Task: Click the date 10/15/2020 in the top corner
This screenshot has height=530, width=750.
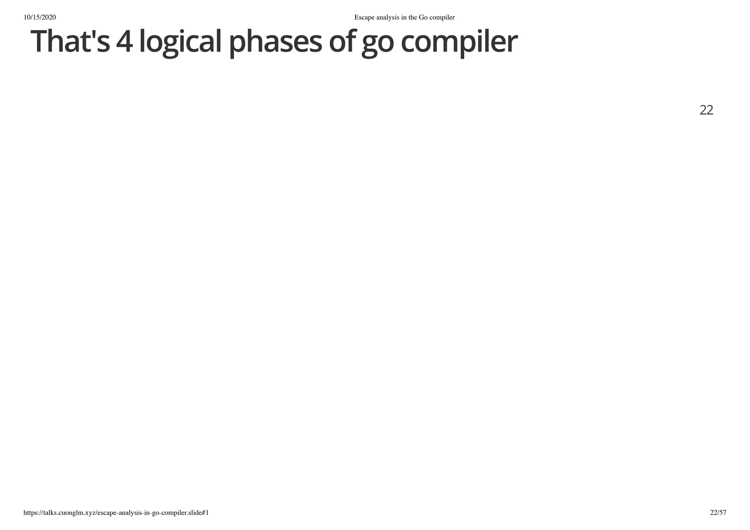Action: click(x=40, y=17)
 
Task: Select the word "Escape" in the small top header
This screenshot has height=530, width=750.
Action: click(x=364, y=17)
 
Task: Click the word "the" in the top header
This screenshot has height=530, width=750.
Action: click(x=414, y=17)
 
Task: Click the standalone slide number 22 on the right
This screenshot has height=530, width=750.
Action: click(x=706, y=110)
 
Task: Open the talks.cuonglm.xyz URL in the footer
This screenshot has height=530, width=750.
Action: click(x=116, y=512)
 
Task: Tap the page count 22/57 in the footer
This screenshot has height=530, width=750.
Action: click(x=718, y=512)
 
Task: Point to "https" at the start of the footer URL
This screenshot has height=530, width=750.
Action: click(x=30, y=512)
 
